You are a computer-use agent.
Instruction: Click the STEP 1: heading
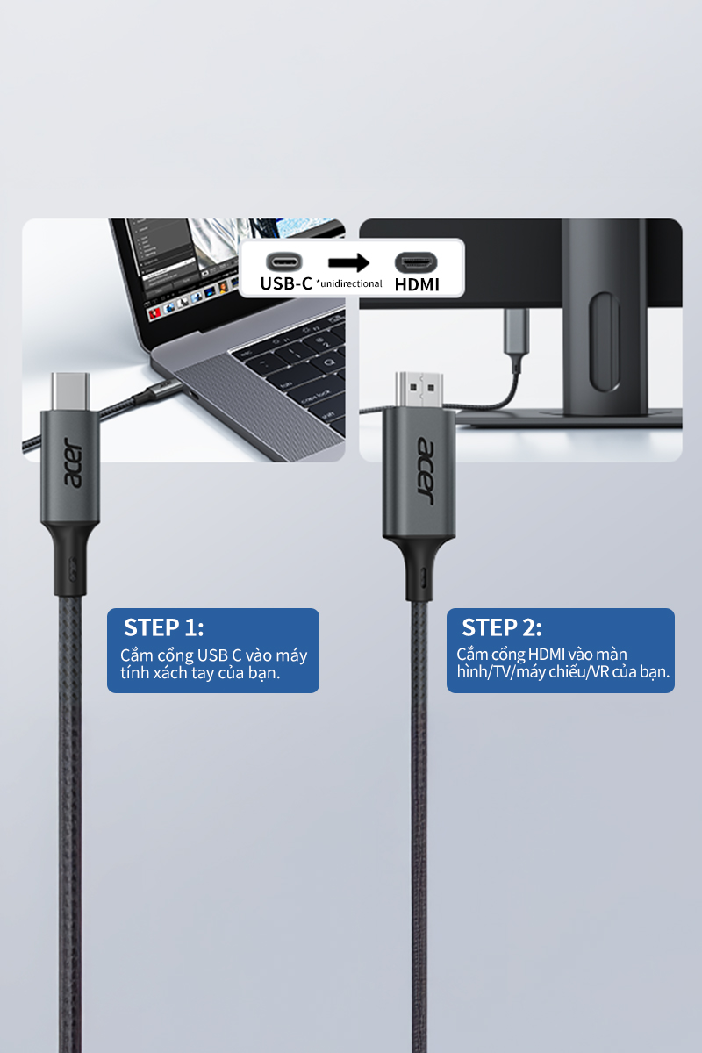coord(163,627)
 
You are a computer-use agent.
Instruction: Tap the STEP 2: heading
coord(502,627)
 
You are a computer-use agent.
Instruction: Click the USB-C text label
coord(286,283)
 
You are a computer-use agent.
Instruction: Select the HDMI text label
coord(417,284)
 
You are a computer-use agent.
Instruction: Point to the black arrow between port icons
coord(349,262)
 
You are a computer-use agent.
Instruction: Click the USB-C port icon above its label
coord(284,261)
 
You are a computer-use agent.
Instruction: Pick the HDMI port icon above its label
coord(416,262)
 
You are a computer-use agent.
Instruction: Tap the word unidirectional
coord(351,283)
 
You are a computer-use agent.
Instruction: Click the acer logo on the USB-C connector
coord(72,463)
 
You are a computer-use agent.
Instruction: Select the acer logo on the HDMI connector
coord(425,471)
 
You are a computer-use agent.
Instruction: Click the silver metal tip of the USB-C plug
coord(70,391)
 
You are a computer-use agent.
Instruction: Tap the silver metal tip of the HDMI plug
coord(419,390)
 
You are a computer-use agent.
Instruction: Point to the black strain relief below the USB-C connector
coord(70,560)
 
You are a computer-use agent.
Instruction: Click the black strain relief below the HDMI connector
coord(419,568)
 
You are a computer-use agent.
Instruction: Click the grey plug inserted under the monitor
coord(517,332)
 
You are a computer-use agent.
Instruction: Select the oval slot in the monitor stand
coord(605,341)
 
